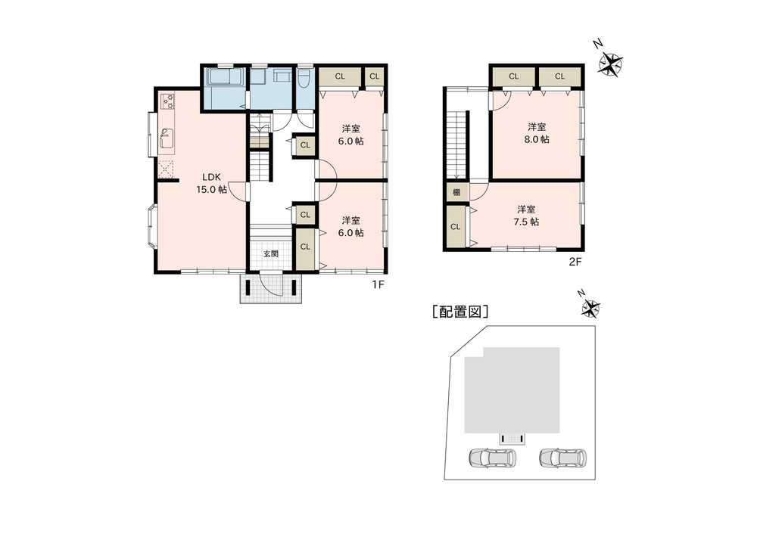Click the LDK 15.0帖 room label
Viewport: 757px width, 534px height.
211,183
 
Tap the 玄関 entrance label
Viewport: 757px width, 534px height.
271,253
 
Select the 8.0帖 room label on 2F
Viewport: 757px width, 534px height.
537,133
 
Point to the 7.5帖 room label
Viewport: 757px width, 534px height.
527,216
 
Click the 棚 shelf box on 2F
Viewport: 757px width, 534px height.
456,192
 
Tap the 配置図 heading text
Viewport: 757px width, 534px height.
460,312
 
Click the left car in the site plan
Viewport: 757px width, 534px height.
493,458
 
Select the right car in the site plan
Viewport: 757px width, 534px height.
563,458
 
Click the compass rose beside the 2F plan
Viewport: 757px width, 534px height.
610,64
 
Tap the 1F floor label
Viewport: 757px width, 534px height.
378,284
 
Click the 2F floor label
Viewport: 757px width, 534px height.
575,262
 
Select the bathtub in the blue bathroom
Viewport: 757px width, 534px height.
226,78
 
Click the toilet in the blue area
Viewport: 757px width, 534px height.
304,78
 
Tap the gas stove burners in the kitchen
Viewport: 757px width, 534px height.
167,101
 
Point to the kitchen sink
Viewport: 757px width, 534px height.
167,138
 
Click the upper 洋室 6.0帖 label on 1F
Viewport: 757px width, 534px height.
351,135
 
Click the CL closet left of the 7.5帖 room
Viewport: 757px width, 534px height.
456,226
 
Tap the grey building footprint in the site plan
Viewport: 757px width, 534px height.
512,390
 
